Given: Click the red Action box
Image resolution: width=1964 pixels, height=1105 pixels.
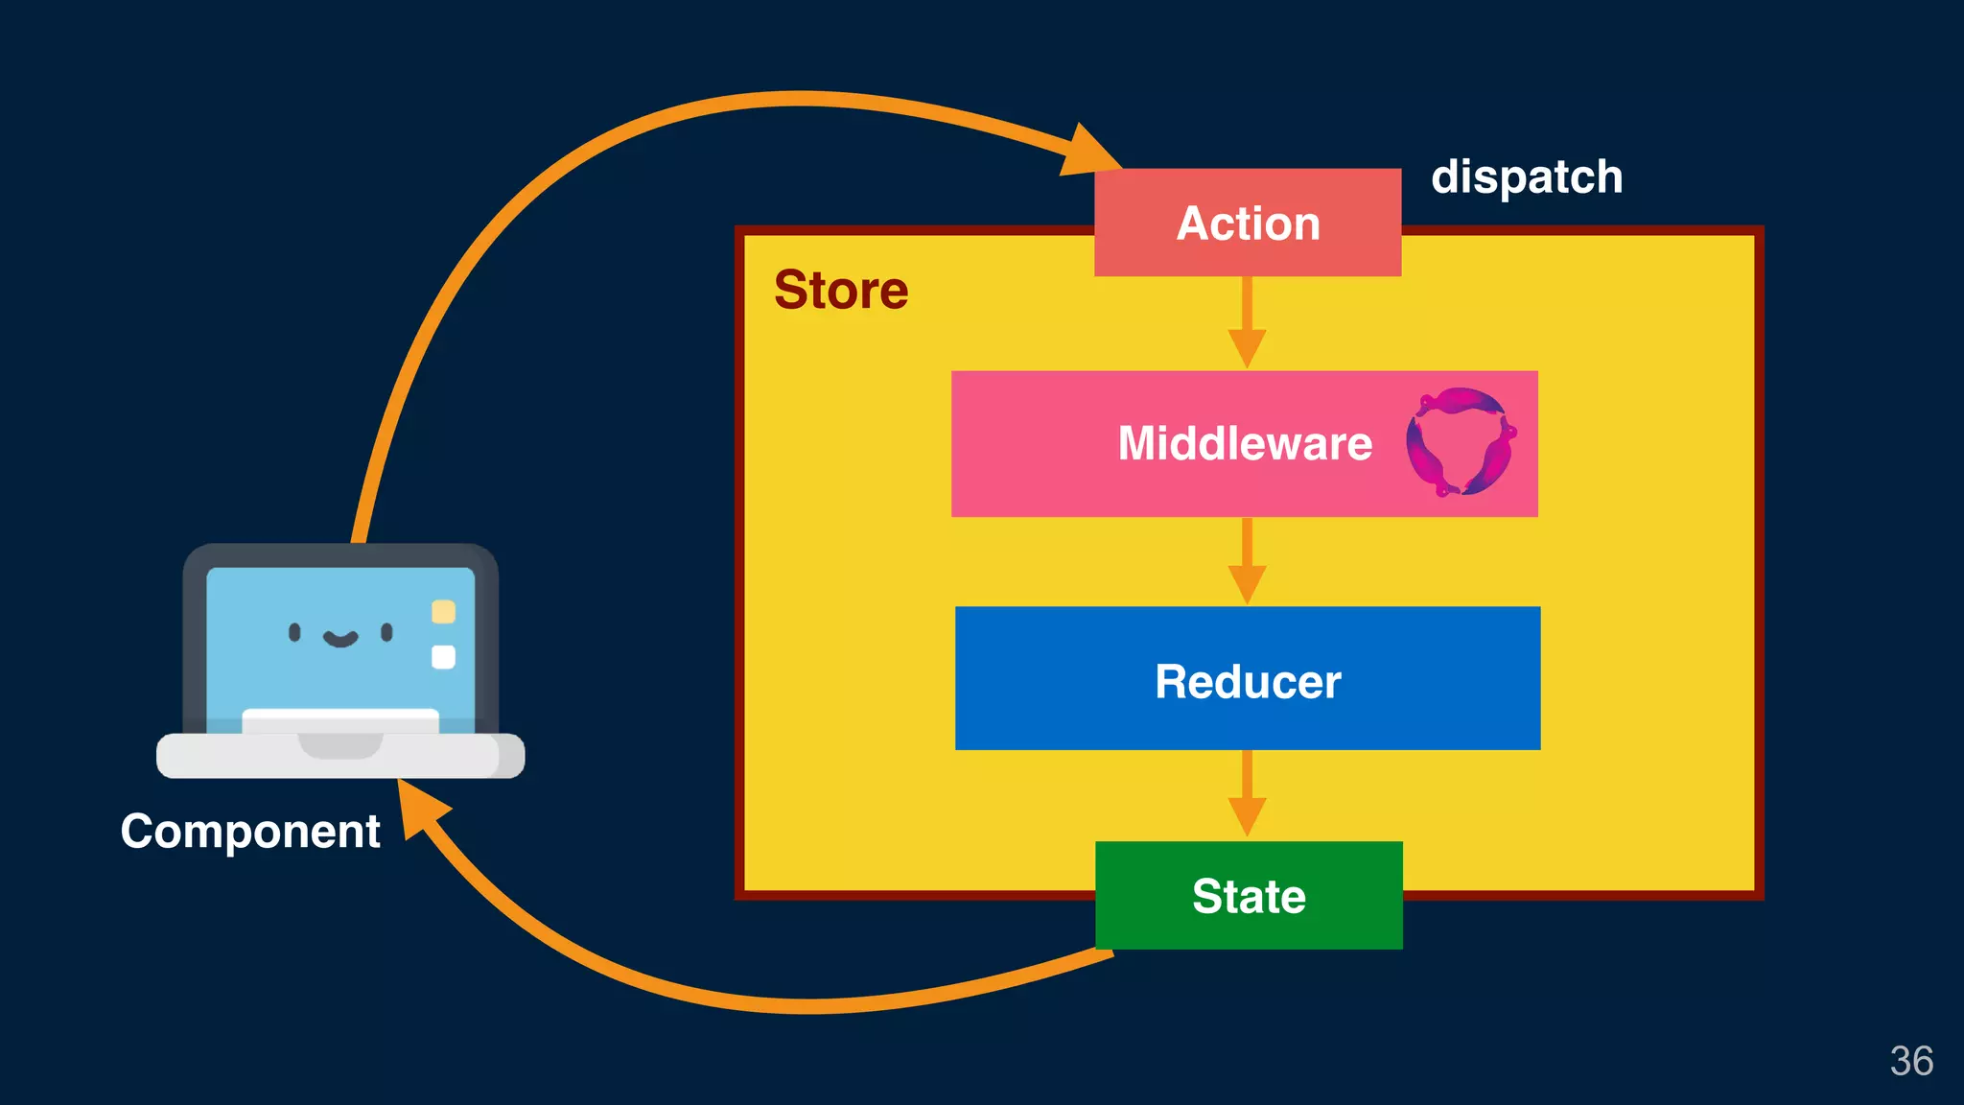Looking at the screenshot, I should coord(1247,223).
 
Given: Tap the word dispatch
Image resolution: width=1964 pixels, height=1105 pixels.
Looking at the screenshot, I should coord(1526,177).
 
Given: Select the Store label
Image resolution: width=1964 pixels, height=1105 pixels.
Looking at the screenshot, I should coord(841,290).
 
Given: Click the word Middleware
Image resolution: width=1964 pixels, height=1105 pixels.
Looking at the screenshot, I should coord(1245,443).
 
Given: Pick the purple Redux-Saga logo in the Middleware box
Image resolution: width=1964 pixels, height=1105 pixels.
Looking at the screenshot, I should coord(1460,442).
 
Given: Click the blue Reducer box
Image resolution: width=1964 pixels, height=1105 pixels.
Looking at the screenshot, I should coord(1247,679).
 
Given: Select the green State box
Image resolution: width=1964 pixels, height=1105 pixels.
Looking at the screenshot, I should coord(1248,896).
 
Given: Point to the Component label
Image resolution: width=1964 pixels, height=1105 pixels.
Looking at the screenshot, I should coord(250,831).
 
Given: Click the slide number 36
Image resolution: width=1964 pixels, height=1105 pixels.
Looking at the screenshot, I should coord(1910,1061).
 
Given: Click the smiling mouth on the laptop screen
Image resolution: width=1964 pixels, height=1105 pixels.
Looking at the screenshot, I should coord(339,639).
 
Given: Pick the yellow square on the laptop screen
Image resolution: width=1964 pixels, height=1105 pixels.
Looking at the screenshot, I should coord(443,611).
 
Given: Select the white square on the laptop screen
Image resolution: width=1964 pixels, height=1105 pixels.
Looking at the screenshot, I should coord(443,657).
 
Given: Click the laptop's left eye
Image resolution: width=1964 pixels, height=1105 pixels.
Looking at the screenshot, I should coord(294,631).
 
